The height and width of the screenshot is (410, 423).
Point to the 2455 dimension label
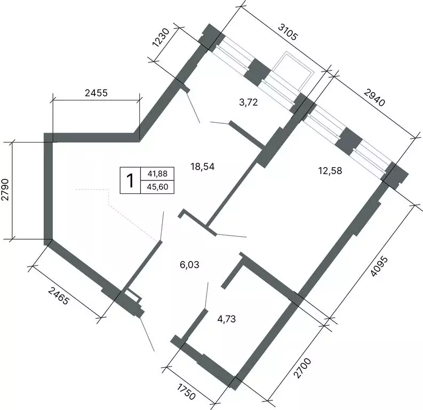tap(97, 92)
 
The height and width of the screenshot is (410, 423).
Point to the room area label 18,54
tap(203, 167)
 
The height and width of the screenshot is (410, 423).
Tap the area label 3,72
tap(249, 102)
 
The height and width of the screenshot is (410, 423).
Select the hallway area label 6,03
tap(190, 264)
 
